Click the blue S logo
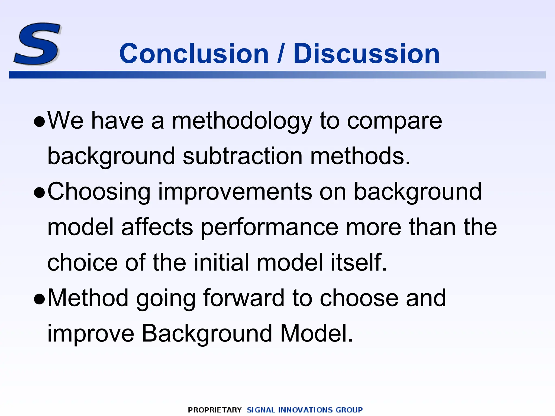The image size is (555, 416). click(x=37, y=44)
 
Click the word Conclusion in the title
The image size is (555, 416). click(x=194, y=54)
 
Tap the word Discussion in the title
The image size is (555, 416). click(x=366, y=54)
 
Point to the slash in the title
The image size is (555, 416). click(x=281, y=54)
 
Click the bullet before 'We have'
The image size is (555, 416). click(x=40, y=122)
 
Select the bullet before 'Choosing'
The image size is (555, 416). click(x=40, y=193)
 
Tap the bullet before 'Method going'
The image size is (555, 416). click(x=40, y=300)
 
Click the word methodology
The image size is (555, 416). click(x=242, y=121)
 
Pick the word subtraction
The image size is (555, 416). click(x=243, y=156)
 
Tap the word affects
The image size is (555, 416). click(x=157, y=227)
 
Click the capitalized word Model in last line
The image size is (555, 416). click(x=317, y=333)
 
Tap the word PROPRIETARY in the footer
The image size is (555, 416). click(x=215, y=410)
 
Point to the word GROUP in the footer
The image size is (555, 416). click(x=349, y=410)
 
